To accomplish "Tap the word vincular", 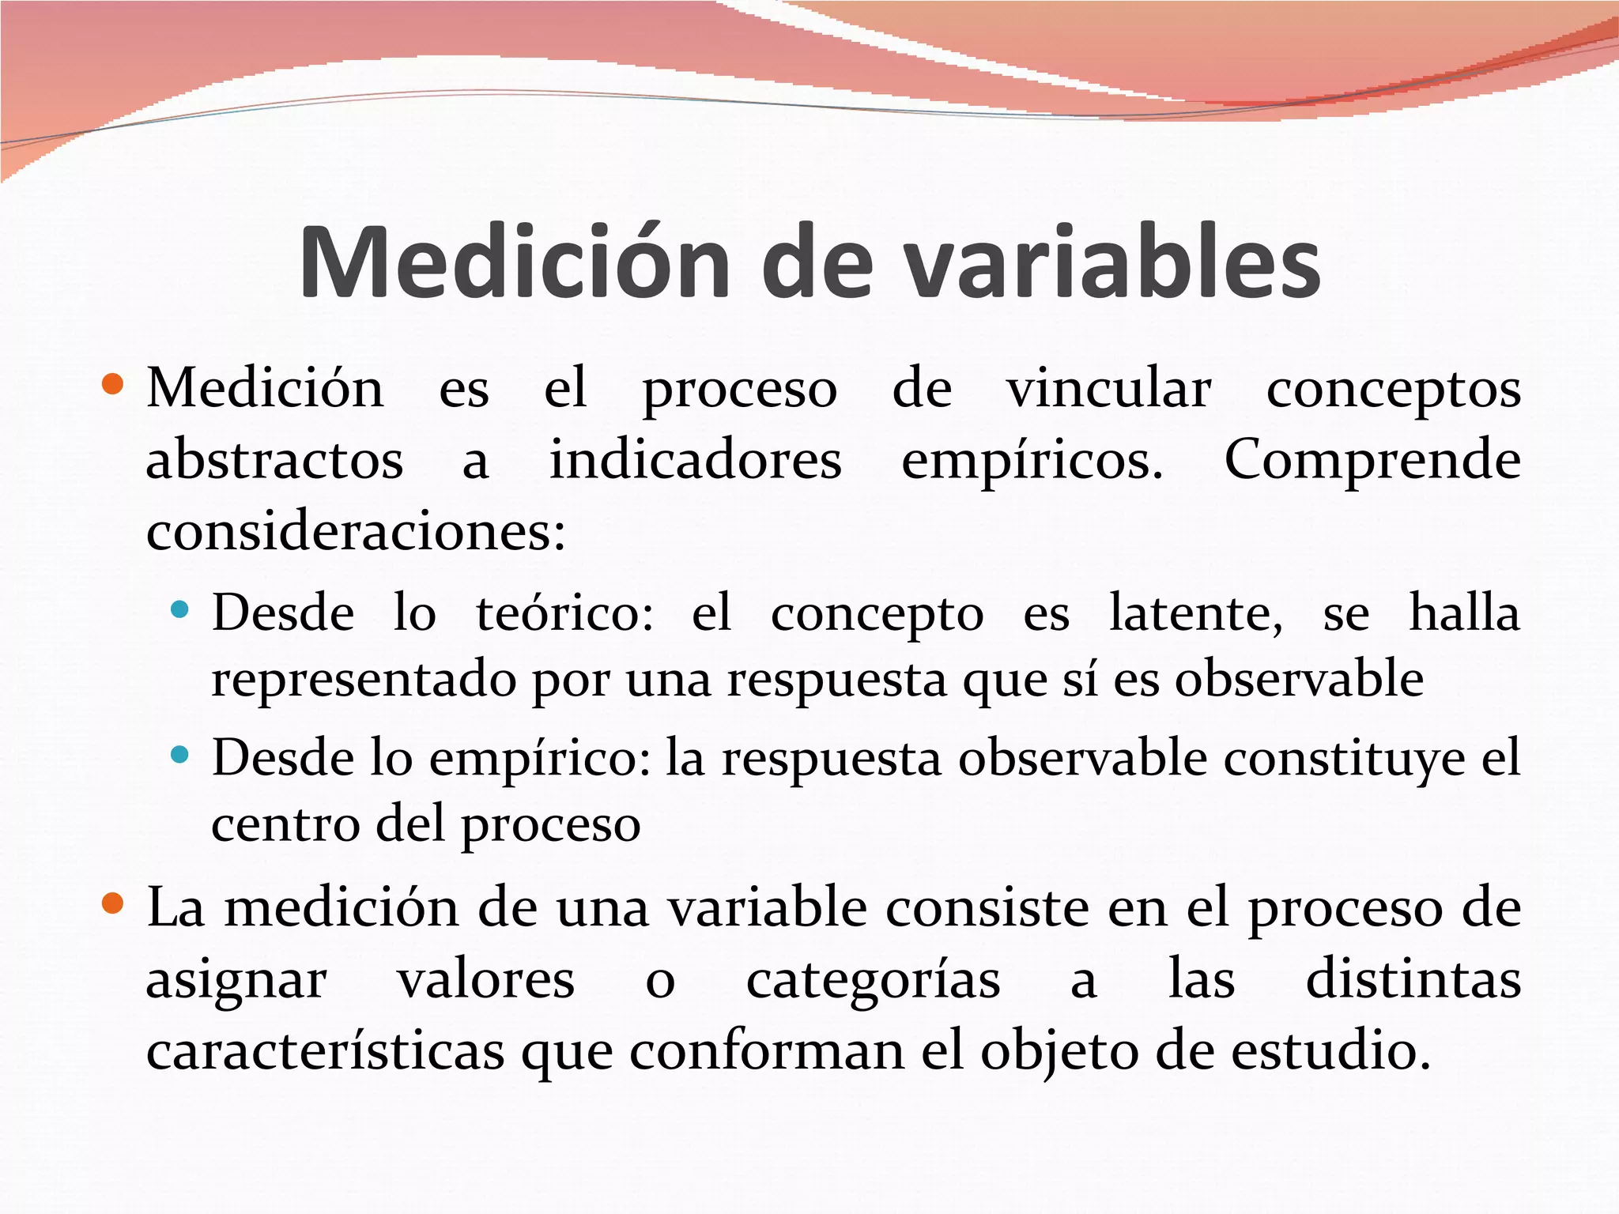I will coord(1108,389).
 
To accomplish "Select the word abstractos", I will coord(274,460).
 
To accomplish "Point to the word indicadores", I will coord(696,460).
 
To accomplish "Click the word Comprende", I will coord(1372,462).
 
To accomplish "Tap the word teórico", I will coord(564,613).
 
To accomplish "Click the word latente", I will coord(1196,613).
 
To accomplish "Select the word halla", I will coord(1464,613).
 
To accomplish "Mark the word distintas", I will coord(1413,980).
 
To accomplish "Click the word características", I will coord(326,1051).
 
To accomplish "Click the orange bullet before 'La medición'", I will coord(113,903).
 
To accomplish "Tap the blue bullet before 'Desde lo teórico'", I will coord(180,609).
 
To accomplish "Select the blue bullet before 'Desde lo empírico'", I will coord(180,754).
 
